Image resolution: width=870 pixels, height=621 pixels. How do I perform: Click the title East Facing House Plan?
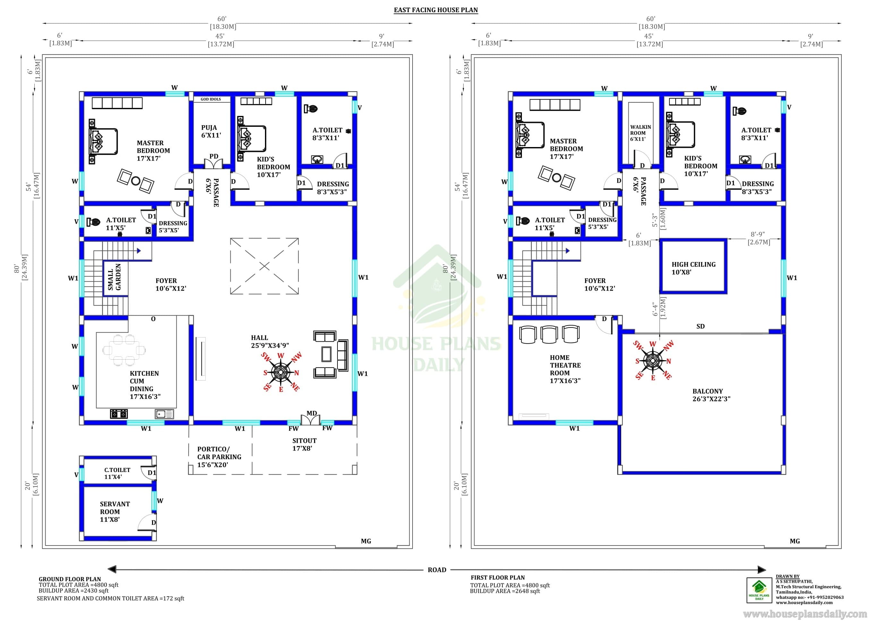tap(436, 10)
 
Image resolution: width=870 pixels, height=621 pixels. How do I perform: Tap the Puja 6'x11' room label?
tap(211, 131)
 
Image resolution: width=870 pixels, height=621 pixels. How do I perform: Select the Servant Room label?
tap(115, 512)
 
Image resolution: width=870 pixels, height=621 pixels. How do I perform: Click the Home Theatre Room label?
tap(565, 369)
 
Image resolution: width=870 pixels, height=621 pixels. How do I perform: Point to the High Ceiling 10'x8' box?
tap(694, 267)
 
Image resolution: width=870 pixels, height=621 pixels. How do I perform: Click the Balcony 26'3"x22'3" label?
tap(711, 395)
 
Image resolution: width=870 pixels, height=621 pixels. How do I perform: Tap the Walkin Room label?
tap(640, 133)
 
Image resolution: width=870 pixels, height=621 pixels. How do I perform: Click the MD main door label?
tap(312, 413)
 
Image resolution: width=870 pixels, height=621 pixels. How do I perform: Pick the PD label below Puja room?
tap(214, 156)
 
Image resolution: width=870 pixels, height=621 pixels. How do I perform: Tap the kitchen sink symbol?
tap(164, 414)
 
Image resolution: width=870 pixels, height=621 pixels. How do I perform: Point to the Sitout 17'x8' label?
tap(304, 444)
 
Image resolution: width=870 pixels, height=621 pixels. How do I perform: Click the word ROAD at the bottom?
tap(437, 570)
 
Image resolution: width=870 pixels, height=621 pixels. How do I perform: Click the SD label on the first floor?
tap(700, 326)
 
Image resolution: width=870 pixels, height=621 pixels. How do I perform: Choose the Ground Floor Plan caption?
tap(70, 579)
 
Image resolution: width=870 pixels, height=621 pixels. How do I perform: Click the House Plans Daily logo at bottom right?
tap(759, 590)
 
